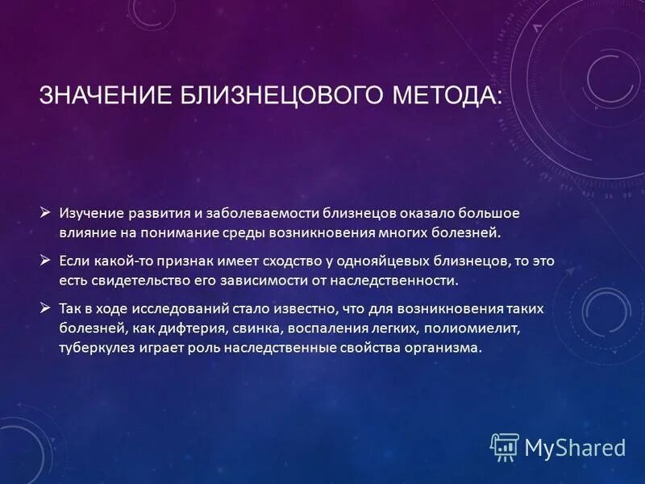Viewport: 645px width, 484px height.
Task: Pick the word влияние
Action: pos(85,232)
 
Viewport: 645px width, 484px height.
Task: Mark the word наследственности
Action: pos(397,281)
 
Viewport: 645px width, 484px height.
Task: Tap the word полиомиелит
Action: pos(458,328)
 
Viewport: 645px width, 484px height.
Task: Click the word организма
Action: pos(443,348)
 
